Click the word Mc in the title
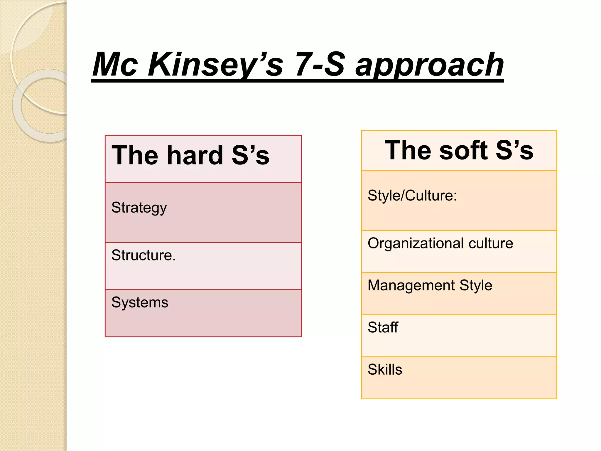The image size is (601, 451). [115, 65]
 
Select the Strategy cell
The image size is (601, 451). [139, 208]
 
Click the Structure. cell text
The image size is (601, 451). [144, 255]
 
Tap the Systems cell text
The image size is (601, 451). [140, 302]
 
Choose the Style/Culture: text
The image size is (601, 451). [412, 196]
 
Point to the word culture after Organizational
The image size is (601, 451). [491, 243]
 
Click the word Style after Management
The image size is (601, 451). [476, 285]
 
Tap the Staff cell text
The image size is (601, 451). [383, 327]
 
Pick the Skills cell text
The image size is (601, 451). [385, 369]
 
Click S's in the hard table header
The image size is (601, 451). [250, 155]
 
